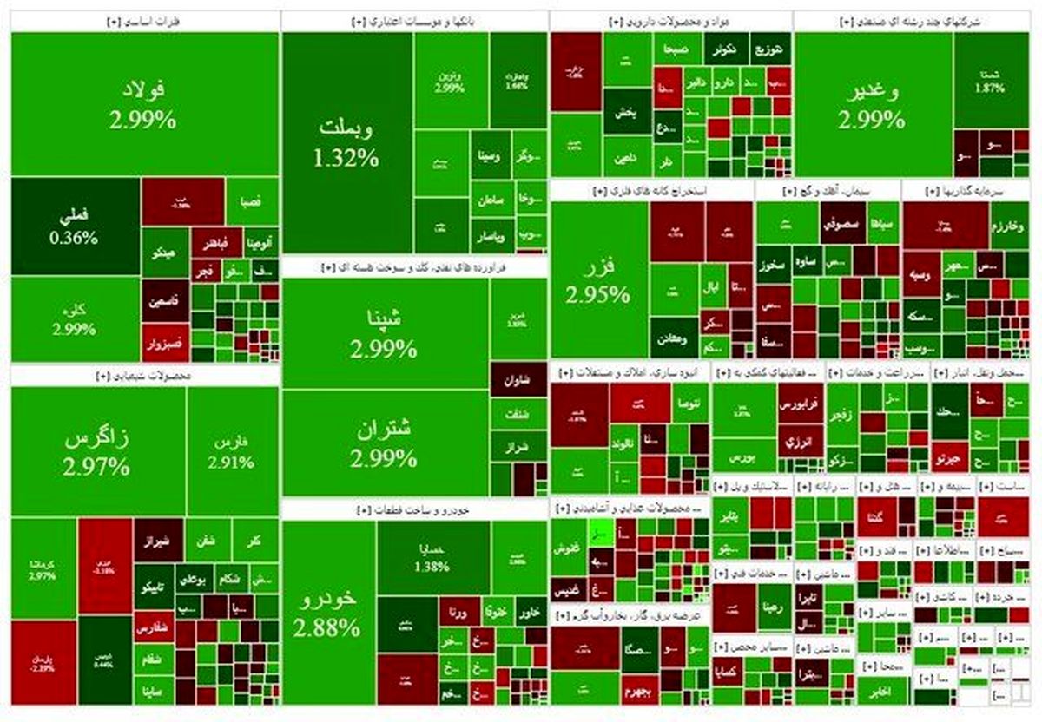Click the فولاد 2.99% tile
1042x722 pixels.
pyautogui.click(x=143, y=104)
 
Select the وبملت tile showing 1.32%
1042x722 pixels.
pyautogui.click(x=346, y=143)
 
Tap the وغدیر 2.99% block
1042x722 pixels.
pyautogui.click(x=872, y=104)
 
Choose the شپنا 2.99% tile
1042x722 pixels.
pyautogui.click(x=384, y=334)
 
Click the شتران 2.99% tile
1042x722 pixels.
pyautogui.click(x=384, y=443)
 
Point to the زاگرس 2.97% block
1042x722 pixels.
pyautogui.click(x=96, y=451)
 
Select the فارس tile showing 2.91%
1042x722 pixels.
pyautogui.click(x=231, y=451)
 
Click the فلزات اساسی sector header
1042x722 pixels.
pyautogui.click(x=143, y=20)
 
